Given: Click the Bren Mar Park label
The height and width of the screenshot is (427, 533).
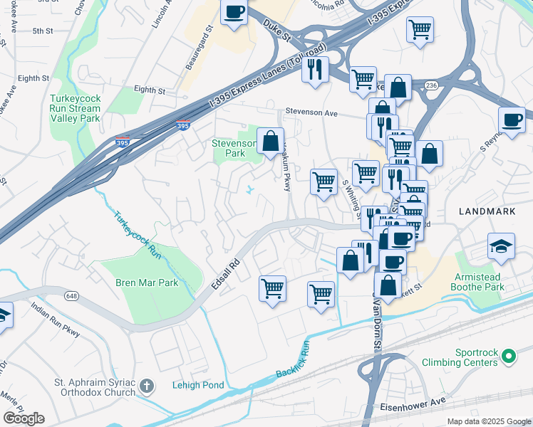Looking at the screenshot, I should (147, 283).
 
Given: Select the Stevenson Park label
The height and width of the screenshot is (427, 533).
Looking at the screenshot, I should (233, 147).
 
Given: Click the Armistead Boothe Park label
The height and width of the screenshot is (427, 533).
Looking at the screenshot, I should (477, 282).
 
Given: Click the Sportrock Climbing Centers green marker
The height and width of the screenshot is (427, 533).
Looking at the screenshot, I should (509, 355).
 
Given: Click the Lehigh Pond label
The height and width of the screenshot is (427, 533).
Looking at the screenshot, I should (198, 386).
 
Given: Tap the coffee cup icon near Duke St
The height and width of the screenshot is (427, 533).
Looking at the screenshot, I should (234, 12).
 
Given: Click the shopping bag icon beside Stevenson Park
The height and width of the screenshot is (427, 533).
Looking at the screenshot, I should (270, 141).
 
